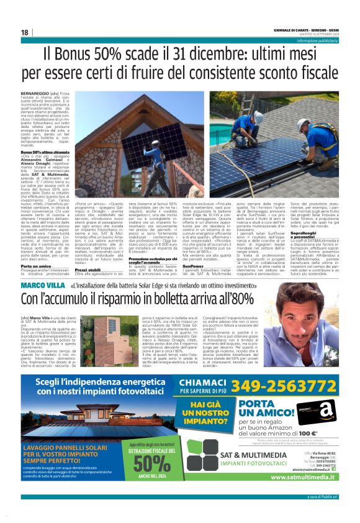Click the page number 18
pos(24,32)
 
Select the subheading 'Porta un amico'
pos(36,248)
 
